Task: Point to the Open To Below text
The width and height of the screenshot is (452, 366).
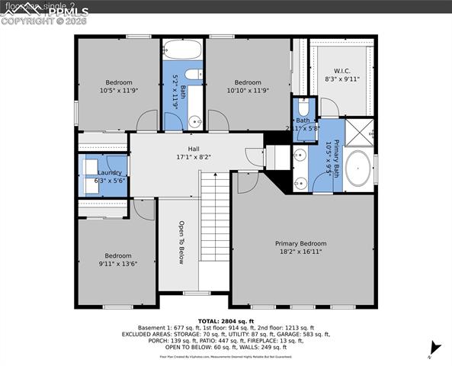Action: click(181, 242)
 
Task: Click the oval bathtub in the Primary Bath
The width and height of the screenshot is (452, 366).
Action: click(357, 171)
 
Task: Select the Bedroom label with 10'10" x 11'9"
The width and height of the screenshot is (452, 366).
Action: click(248, 82)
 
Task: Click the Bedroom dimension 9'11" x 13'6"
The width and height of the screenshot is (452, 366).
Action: click(118, 265)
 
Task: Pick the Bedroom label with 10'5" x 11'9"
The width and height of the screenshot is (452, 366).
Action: click(118, 82)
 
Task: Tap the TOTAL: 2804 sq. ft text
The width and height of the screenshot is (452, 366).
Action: click(226, 321)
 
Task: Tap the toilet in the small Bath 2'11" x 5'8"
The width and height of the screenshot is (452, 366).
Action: click(303, 106)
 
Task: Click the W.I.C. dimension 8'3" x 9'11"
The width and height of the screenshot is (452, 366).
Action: click(341, 79)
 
